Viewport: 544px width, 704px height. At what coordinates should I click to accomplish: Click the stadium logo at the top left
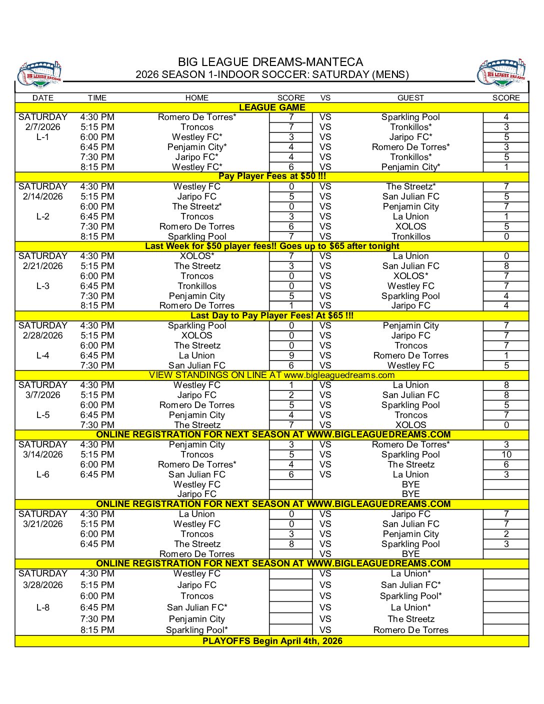point(40,74)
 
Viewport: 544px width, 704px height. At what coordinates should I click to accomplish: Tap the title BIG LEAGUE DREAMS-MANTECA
point(270,62)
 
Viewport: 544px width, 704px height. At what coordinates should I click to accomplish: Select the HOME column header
point(196,98)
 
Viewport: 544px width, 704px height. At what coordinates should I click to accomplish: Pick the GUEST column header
point(410,98)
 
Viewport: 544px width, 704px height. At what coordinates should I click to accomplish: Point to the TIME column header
point(97,98)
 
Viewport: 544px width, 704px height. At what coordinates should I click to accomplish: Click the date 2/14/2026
point(43,196)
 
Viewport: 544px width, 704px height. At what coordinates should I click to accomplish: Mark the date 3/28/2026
point(43,585)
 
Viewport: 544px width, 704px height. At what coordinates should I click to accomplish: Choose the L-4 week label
point(43,355)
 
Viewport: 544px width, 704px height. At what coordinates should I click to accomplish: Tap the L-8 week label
point(43,607)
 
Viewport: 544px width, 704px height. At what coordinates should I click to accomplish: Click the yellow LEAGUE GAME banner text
point(272,107)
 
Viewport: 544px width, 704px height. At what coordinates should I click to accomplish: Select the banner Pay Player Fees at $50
point(272,176)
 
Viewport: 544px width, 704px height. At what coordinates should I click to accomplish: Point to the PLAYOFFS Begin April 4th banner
point(272,641)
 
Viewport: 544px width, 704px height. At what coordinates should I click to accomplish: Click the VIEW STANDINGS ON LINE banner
point(272,375)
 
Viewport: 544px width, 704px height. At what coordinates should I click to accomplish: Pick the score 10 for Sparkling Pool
point(506,454)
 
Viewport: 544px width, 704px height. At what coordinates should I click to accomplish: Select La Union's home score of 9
point(291,355)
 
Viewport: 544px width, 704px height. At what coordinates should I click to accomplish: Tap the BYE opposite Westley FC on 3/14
point(410,484)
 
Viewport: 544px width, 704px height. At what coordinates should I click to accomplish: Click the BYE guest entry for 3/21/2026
point(410,554)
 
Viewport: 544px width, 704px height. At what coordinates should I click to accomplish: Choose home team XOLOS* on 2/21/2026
point(197,256)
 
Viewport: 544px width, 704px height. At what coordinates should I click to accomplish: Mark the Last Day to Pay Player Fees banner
point(272,315)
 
